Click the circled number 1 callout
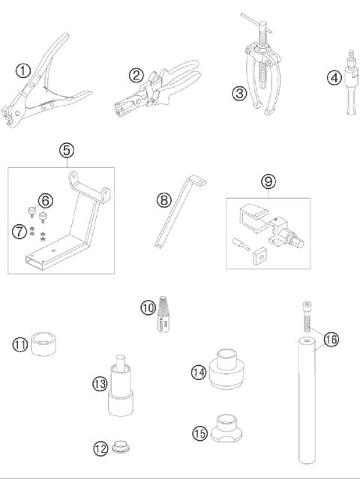tap(22, 70)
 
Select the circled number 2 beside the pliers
tap(136, 75)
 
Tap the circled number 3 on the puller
tap(239, 94)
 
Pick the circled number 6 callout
tap(45, 200)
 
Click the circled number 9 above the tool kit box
tap(268, 181)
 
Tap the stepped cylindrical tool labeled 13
tap(118, 390)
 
